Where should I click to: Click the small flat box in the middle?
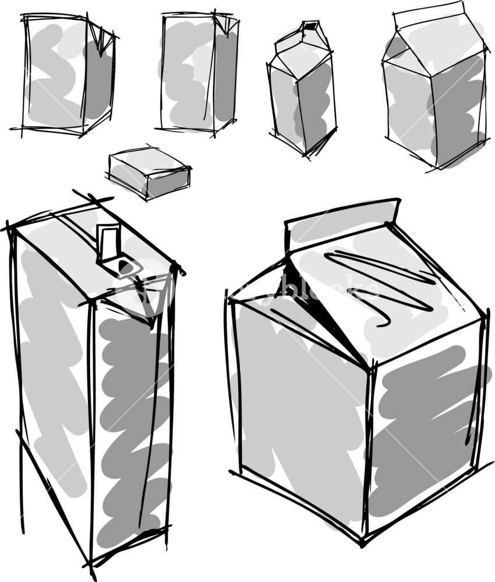pyautogui.click(x=150, y=172)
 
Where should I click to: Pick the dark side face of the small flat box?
pyautogui.click(x=169, y=183)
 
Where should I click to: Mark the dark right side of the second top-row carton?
pyautogui.click(x=225, y=76)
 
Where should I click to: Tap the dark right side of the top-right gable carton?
pyautogui.click(x=457, y=111)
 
